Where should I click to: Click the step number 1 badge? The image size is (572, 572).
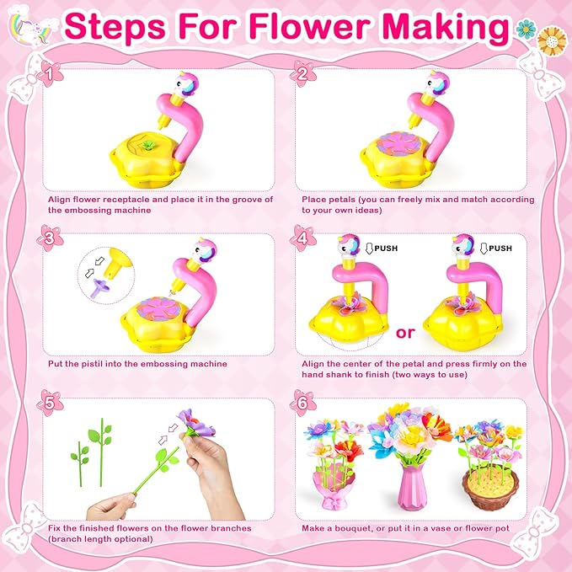(x=53, y=77)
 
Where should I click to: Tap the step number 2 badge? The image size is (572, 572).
(x=301, y=77)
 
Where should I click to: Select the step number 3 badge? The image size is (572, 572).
(x=53, y=238)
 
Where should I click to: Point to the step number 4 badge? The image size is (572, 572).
(x=301, y=238)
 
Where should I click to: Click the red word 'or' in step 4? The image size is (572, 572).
(x=406, y=332)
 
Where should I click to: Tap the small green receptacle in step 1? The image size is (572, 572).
(x=148, y=145)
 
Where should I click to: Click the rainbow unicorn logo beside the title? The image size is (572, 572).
(x=29, y=29)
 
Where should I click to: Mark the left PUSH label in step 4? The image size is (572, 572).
(x=381, y=249)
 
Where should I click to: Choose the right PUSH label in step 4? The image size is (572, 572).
(x=500, y=249)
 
